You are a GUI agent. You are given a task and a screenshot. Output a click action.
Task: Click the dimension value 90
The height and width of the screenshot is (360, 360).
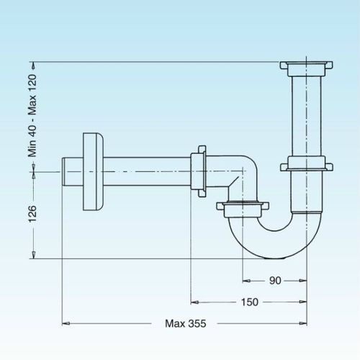pos(275,280)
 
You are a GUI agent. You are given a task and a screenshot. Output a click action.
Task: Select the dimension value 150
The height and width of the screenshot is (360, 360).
pos(250,302)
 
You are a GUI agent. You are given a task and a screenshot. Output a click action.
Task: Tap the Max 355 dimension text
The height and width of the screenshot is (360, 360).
pos(186,323)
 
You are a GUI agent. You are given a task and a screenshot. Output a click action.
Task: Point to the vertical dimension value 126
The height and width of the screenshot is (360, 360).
pos(32,214)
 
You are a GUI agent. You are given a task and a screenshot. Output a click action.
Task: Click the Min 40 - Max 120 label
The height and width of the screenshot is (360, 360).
pos(32,116)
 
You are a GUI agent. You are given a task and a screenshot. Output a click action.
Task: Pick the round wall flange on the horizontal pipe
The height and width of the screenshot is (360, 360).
pos(94,172)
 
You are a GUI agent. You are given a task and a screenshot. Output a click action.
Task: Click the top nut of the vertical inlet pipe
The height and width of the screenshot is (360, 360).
pos(306,68)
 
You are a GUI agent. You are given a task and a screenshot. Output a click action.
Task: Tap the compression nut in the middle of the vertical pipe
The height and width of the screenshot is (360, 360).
pos(307,163)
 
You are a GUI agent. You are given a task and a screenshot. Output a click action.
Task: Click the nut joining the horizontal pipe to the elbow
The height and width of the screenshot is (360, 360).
pos(199,171)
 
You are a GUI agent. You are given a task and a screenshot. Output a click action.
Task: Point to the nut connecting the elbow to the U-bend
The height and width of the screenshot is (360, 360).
pos(243,209)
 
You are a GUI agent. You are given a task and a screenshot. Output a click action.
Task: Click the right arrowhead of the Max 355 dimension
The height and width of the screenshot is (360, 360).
pos(303,323)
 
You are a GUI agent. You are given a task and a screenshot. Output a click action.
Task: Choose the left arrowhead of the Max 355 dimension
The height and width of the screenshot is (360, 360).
pos(66,323)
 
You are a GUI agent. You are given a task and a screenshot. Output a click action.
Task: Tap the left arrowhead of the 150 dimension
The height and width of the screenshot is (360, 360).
pos(194,302)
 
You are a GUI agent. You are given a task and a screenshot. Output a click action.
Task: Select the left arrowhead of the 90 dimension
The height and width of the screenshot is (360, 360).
pos(246,280)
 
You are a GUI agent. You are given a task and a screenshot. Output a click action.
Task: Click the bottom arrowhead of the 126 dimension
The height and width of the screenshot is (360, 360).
pos(34,255)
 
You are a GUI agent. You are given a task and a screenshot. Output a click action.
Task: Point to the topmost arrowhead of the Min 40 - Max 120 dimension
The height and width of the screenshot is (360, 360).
pos(34,66)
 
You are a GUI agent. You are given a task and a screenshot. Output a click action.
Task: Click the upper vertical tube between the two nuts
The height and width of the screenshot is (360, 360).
pos(306,117)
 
